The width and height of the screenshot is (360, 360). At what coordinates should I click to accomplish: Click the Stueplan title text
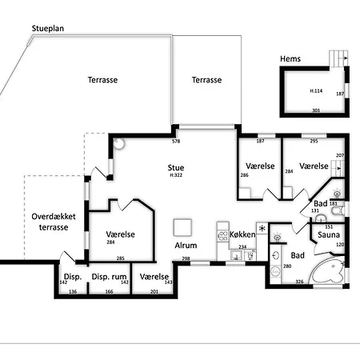pos(48,29)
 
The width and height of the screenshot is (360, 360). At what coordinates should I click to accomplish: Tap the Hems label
pos(290,58)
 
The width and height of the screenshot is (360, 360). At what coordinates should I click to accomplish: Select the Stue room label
pos(176,167)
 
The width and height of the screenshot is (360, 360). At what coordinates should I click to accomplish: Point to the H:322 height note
pos(176,175)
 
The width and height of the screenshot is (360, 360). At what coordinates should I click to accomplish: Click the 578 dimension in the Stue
pos(176,142)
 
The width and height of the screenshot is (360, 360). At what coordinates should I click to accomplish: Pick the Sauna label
pos(329,234)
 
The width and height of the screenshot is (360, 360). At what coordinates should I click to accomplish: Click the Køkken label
pos(242,234)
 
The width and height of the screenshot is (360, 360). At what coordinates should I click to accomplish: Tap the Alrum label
pos(186,246)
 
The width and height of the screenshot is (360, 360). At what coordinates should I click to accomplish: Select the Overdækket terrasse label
pos(54,222)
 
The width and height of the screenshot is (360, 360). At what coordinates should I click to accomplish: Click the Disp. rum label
pos(109,277)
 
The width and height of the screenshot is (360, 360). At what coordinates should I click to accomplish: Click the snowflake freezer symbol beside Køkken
pos(262,228)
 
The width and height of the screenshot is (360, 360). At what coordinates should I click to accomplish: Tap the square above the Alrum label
pos(182,227)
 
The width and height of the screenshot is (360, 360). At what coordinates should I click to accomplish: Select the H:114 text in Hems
pos(316,90)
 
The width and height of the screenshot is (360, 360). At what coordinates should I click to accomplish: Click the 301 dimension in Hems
pos(316,110)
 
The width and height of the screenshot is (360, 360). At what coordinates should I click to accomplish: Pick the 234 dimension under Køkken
pos(242,247)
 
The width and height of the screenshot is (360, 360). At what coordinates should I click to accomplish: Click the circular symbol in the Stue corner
pos(118,143)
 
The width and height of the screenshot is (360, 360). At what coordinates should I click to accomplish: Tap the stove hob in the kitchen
pos(223,236)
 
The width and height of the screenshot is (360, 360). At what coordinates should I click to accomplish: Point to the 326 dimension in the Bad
pos(299,282)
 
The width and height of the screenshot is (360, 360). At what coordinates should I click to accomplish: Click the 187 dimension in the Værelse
pos(260,141)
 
